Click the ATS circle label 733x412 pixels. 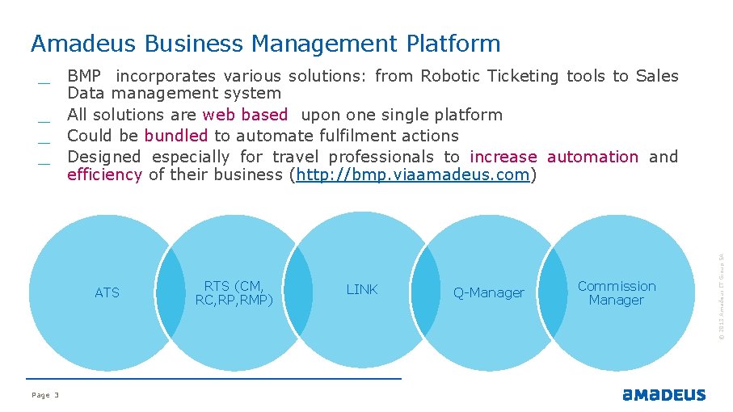107,292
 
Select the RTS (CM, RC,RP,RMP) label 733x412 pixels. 234,293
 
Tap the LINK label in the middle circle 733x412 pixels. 362,289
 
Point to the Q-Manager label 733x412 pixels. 488,292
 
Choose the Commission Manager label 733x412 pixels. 617,293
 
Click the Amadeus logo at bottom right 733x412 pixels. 663,395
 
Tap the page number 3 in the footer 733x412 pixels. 57,395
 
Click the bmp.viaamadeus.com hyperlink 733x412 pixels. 413,174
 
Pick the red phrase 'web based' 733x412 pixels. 245,115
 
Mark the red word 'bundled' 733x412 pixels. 176,136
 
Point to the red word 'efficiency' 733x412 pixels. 104,174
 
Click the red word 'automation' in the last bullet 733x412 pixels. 592,157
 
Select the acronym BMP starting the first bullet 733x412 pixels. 84,76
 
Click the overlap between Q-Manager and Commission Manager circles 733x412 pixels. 554,292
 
